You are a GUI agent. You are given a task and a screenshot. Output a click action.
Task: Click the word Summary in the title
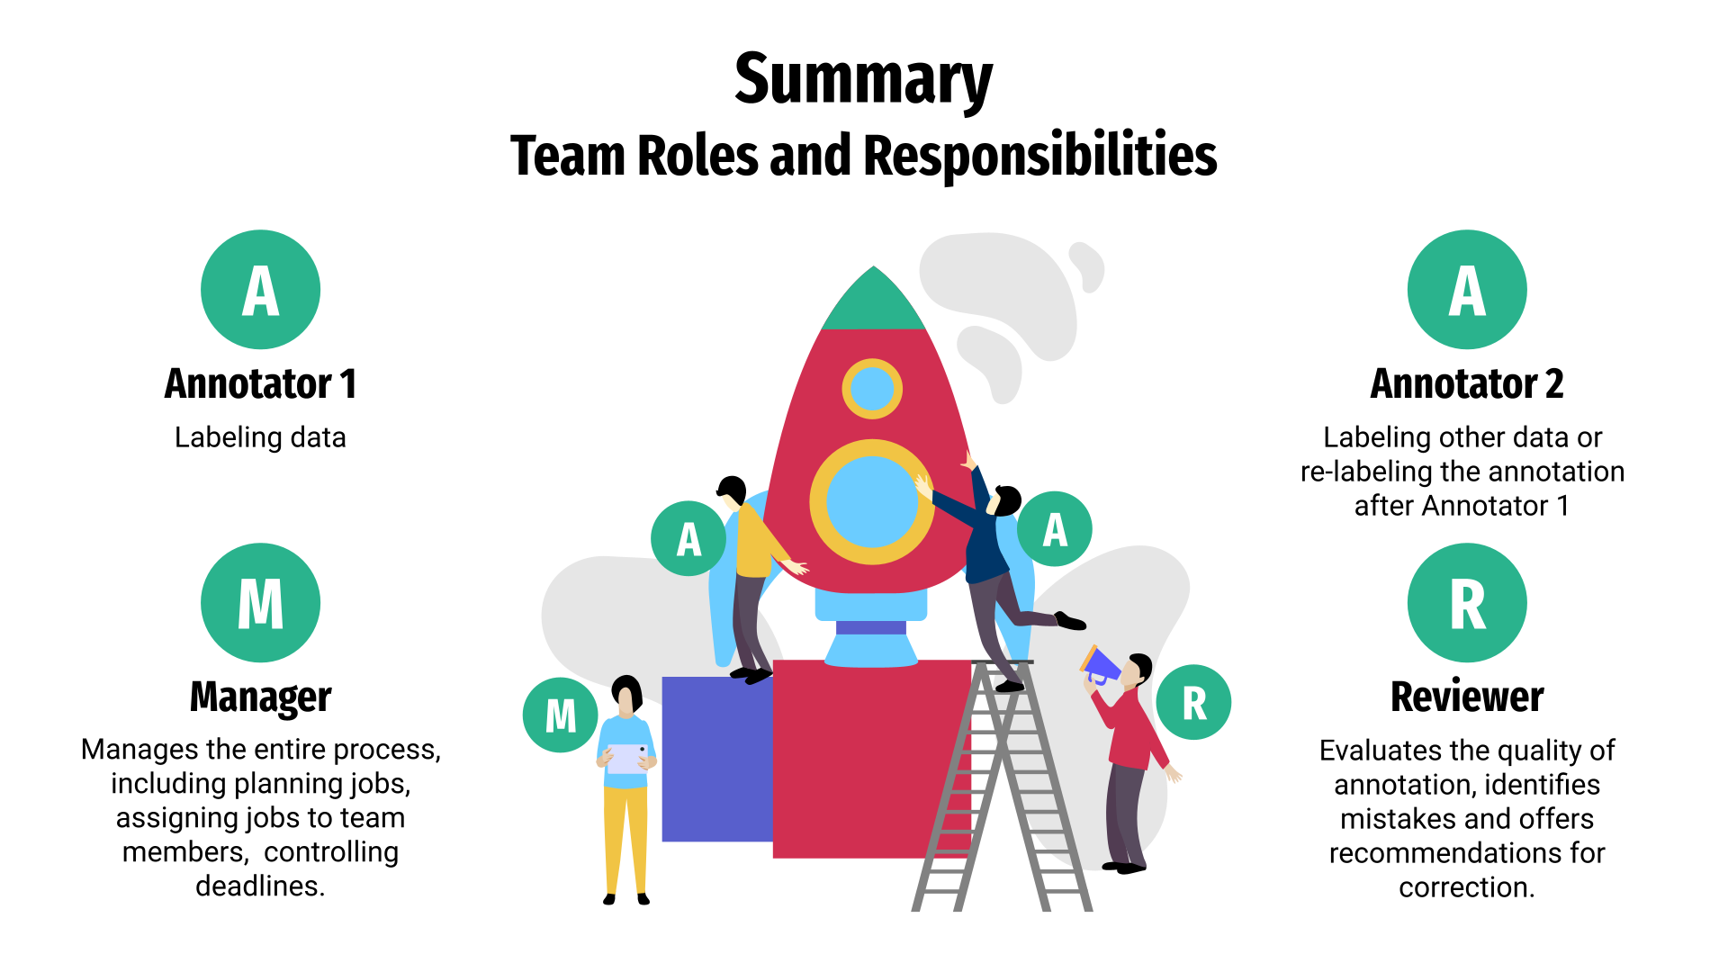pos(863,79)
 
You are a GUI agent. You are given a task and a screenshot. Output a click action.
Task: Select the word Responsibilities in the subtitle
pos(1039,156)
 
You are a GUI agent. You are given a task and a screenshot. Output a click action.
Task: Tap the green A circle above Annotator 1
pos(260,290)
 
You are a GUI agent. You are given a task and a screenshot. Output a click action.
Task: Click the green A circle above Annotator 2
pos(1467,290)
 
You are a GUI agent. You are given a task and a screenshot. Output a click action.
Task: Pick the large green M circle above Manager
pos(260,603)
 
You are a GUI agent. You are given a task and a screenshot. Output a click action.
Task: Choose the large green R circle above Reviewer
pos(1467,603)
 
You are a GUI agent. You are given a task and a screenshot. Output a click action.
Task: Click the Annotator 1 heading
pos(260,384)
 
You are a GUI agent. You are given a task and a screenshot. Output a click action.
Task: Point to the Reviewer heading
pos(1467,697)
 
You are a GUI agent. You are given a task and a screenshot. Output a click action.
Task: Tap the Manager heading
pos(260,697)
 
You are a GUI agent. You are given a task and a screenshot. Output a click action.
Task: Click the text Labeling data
pos(260,437)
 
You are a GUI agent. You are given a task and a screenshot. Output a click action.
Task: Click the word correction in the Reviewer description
pos(1464,887)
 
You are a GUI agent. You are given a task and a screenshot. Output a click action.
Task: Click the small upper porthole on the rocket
pos(871,389)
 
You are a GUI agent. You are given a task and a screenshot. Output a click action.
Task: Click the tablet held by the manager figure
pos(627,759)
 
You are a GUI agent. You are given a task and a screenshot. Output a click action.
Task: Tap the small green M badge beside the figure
pos(560,715)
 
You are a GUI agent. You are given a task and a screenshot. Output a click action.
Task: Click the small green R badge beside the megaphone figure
pos(1193,703)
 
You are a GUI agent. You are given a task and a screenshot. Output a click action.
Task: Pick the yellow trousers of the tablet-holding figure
pos(625,837)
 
